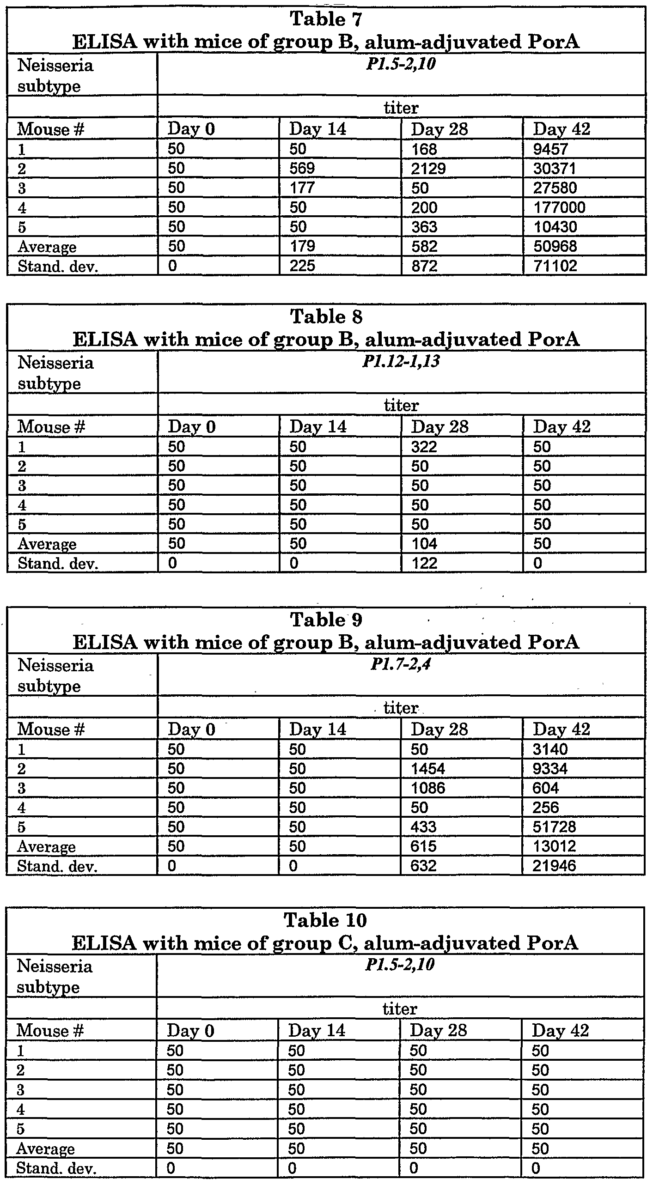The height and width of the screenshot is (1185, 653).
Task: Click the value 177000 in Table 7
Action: [x=559, y=207]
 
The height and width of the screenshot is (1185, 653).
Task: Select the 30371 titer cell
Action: [x=555, y=169]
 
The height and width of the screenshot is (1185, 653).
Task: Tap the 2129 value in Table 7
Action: [x=428, y=169]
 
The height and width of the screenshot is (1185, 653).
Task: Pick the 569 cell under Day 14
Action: [x=302, y=169]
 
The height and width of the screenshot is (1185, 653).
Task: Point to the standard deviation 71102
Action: [x=555, y=266]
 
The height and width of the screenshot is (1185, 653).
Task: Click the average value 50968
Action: [x=555, y=246]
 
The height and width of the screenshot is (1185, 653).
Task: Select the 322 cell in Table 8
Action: [x=424, y=447]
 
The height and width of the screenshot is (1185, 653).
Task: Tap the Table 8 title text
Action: [x=326, y=317]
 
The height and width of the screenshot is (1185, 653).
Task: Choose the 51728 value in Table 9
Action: [x=555, y=826]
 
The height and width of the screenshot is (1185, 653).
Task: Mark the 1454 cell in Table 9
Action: [x=428, y=768]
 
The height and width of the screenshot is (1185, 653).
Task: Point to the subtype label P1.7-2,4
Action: [x=401, y=665]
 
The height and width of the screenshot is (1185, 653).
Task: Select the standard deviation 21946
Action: [x=555, y=865]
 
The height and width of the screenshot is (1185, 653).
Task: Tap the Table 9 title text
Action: [x=326, y=620]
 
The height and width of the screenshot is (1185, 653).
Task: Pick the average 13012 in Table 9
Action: [x=555, y=846]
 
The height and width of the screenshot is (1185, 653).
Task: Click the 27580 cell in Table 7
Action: [x=555, y=188]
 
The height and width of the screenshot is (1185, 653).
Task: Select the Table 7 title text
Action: [x=326, y=19]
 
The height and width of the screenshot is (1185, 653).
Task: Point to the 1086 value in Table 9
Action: [x=428, y=788]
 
